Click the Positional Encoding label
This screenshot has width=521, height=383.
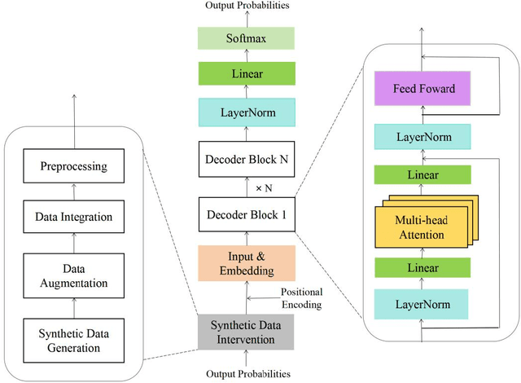301,297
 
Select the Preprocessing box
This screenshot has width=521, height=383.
73,169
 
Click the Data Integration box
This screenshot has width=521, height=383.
73,217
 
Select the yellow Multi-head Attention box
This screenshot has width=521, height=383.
422,228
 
